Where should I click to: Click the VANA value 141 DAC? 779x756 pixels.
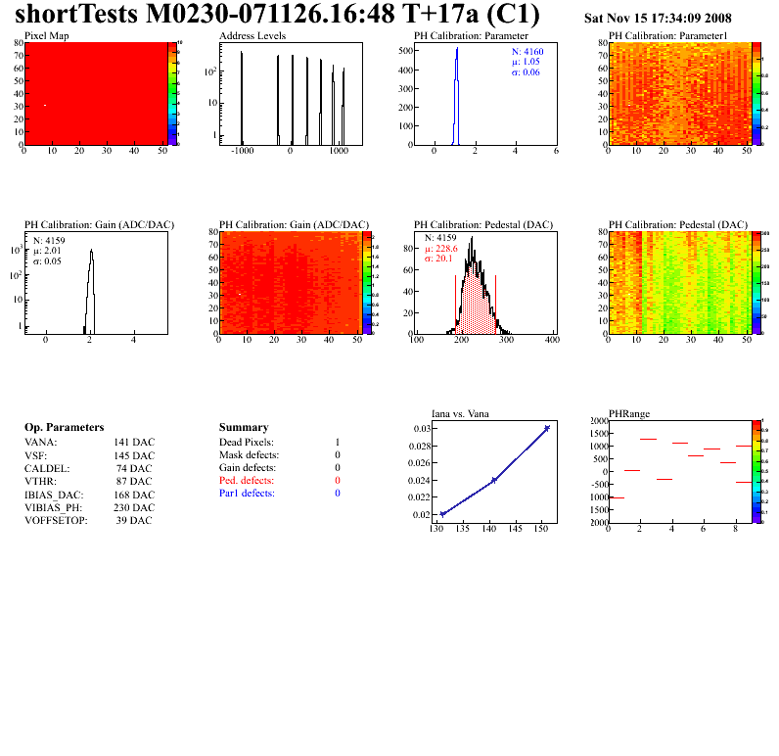133,443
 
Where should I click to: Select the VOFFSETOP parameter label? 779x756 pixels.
56,520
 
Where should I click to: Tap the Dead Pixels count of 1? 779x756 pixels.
337,443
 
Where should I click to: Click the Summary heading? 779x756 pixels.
244,427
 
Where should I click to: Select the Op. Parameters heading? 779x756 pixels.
64,427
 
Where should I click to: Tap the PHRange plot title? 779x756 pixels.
628,413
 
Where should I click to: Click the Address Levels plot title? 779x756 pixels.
252,36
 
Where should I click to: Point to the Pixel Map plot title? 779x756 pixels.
46,36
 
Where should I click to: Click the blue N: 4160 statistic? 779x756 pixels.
527,51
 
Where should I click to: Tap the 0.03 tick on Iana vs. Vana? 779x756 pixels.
422,429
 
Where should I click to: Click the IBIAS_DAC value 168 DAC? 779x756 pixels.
133,494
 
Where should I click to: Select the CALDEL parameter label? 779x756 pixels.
45,468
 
